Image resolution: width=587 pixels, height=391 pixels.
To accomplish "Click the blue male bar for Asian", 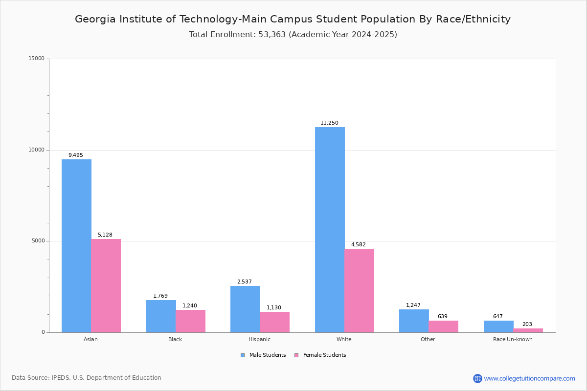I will [76, 246].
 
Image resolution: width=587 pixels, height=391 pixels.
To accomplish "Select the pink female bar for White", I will [359, 290].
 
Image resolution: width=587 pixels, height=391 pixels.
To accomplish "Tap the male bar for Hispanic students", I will [245, 309].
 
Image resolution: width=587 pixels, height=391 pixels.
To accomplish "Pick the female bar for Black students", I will [190, 321].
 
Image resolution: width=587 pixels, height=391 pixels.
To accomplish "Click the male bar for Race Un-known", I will [498, 326].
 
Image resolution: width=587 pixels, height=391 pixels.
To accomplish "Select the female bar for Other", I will [443, 326].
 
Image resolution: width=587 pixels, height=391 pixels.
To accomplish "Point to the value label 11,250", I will [329, 123].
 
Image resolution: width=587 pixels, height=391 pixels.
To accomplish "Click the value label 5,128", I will [105, 235].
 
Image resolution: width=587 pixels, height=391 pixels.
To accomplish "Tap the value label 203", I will [527, 325].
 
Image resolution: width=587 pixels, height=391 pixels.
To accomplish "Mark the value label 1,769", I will [160, 296].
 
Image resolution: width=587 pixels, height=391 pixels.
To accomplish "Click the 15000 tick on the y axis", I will [37, 59].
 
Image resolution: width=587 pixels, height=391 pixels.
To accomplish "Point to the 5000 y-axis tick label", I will [39, 241].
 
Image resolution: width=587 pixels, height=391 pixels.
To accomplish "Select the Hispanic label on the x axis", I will [259, 339].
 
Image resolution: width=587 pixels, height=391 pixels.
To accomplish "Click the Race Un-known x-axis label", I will [513, 339].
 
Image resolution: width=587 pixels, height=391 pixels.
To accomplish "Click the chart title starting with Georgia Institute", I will [293, 19].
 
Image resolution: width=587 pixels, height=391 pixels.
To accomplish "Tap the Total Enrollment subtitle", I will [293, 35].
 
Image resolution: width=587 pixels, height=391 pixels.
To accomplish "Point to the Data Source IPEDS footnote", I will [87, 378].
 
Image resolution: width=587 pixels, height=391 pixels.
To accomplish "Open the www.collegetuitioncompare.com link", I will [529, 378].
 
